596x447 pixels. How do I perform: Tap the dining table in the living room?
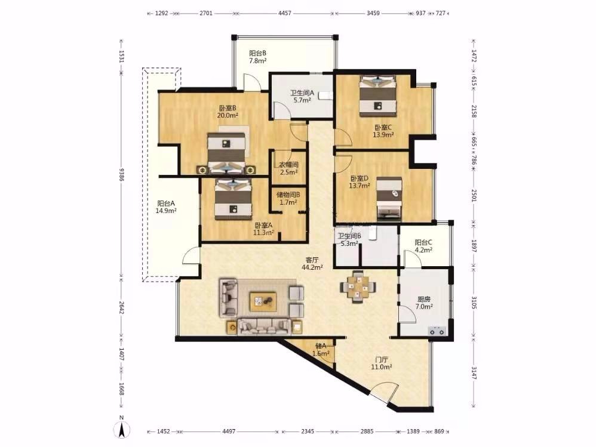point(358,287)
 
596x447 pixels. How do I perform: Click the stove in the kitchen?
point(437,332)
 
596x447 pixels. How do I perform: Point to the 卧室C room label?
point(383,128)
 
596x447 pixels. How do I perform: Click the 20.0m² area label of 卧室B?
point(228,115)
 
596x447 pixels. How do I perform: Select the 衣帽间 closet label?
point(289,165)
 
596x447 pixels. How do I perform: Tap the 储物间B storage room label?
point(288,195)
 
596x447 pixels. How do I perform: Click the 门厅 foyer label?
point(381,359)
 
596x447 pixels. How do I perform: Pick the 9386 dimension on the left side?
point(122,175)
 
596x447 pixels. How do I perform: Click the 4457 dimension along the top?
point(285,13)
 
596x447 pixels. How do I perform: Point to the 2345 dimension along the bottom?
point(308,431)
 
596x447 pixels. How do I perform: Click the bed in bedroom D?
point(389,199)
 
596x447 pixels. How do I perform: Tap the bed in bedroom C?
point(378,96)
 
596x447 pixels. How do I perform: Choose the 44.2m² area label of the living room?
point(312,267)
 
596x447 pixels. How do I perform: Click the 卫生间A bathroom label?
point(302,93)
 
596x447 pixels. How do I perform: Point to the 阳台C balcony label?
point(423,242)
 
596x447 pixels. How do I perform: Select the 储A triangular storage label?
point(321,346)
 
